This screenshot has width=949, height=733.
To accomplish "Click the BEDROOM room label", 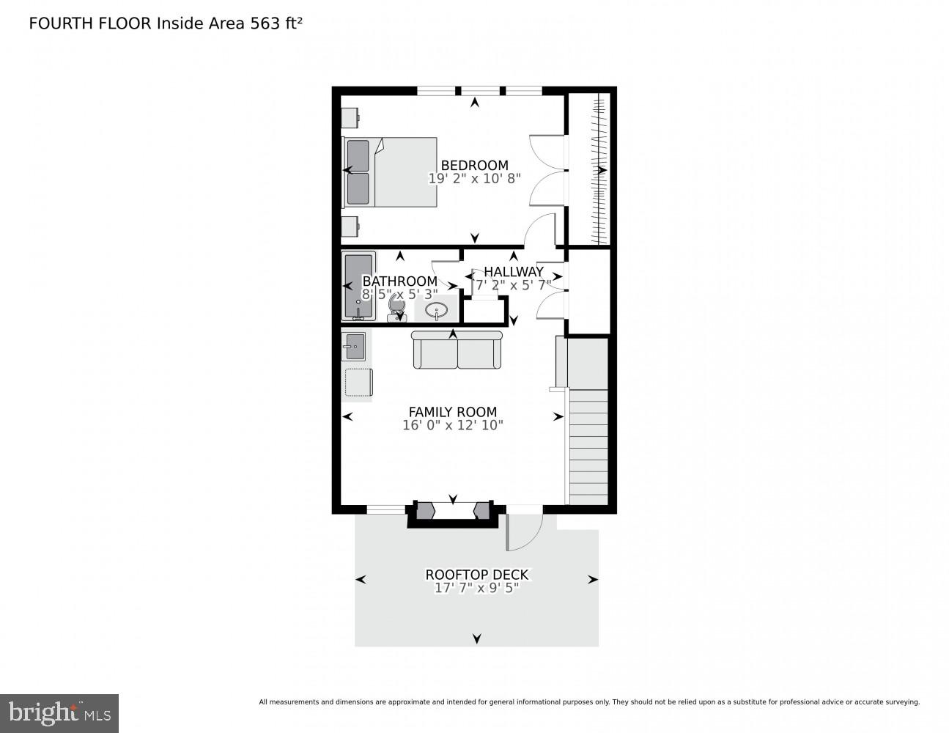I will pos(474,166).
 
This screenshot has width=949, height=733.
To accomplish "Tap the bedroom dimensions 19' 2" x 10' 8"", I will pos(474,178).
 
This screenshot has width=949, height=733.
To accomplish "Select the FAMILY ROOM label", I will pos(452,412).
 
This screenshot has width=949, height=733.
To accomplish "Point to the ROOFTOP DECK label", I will pos(476,575).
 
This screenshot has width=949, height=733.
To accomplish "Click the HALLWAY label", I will pos(513,272).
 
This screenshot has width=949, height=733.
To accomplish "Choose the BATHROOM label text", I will pos(399,281).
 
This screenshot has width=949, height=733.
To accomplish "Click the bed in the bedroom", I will pos(391,172).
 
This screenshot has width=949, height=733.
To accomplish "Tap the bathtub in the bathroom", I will pos(358,286).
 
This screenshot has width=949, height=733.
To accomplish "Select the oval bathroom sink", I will pos(437,310).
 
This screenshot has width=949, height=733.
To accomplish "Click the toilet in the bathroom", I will pos(397,306).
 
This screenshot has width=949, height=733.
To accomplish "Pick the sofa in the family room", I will pos(457,350).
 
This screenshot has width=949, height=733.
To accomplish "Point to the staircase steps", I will pos(588,447).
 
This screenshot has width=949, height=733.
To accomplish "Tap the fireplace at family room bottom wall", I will pos(452,512).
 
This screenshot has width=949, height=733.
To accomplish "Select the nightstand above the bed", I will pos(350,118).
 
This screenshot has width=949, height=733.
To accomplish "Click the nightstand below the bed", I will pos(350,226).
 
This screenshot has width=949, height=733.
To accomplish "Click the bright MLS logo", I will pos(59,712).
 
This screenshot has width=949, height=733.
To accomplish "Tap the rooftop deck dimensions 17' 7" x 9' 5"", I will pos(476,588).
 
